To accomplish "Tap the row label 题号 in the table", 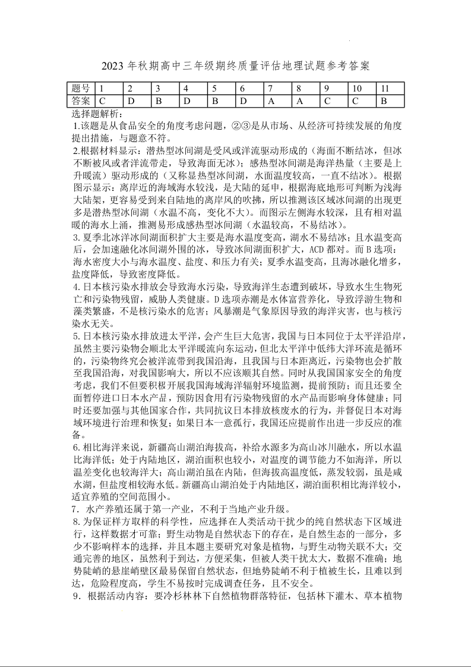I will tap(81, 89).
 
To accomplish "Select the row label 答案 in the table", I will tap(81, 100).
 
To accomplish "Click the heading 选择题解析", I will tap(97, 113).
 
